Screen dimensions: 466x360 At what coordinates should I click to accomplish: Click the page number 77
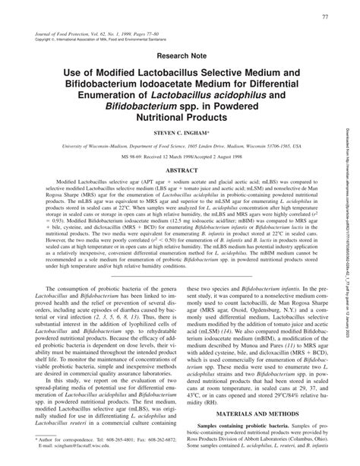pyautogui.click(x=324, y=17)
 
